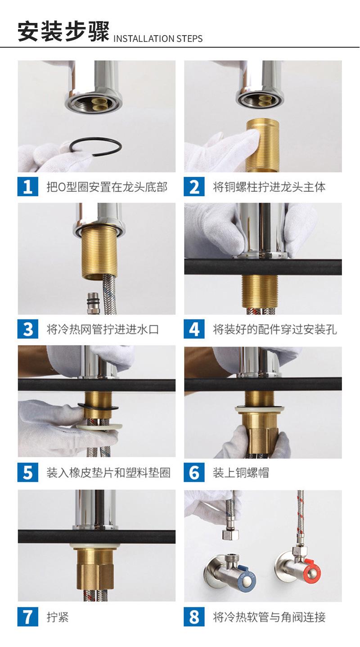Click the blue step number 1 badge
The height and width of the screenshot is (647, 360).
(x=28, y=187)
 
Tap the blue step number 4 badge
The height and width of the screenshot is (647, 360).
(x=194, y=329)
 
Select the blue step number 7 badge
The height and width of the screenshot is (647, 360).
(x=28, y=617)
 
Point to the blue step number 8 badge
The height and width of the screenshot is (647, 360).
(x=194, y=617)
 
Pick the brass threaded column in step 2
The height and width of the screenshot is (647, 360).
(x=262, y=145)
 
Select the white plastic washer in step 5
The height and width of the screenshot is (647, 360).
(x=100, y=426)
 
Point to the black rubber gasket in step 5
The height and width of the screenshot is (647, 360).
(x=98, y=407)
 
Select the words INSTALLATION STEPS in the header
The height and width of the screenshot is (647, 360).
(x=158, y=38)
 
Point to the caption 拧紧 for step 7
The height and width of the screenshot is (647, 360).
(x=58, y=617)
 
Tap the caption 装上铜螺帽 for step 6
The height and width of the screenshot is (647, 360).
(x=241, y=473)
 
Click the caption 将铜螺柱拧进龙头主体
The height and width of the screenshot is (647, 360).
(x=269, y=187)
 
